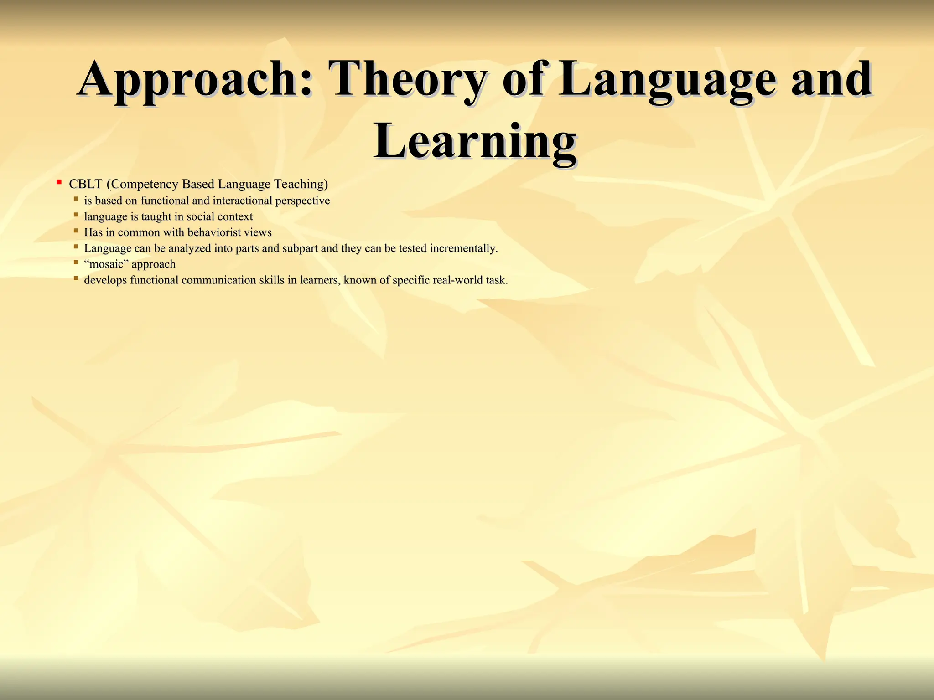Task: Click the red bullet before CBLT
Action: coord(59,182)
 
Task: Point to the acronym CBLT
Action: coord(85,184)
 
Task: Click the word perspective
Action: coord(302,201)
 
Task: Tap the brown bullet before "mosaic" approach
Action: coord(76,262)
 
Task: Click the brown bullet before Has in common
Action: coord(76,231)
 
